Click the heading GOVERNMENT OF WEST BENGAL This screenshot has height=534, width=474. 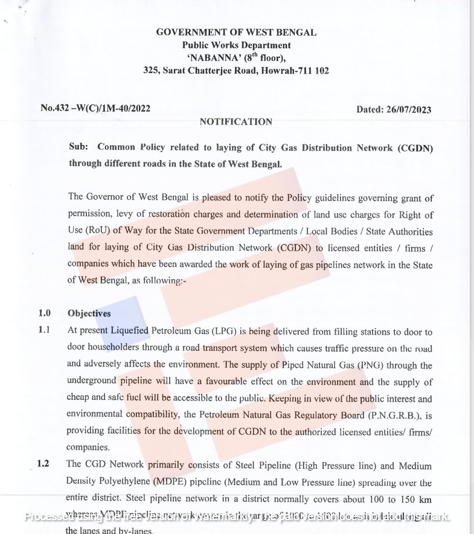[x=236, y=33]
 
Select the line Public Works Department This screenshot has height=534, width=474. [x=236, y=45]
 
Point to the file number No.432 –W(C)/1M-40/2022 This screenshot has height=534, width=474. [x=95, y=109]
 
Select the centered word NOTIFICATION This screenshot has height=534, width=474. [x=236, y=122]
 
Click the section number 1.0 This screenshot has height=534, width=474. [x=45, y=314]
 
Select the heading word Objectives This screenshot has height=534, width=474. [x=89, y=314]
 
